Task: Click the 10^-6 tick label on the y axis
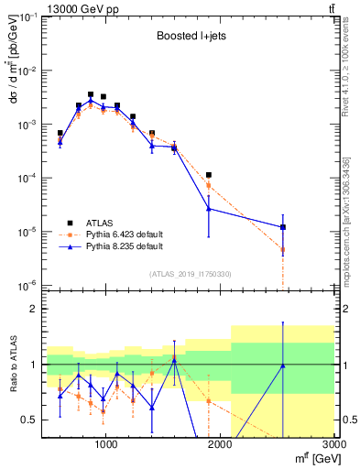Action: pyautogui.click(x=27, y=286)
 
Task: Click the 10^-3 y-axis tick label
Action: pyautogui.click(x=27, y=125)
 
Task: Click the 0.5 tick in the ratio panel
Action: pyautogui.click(x=30, y=420)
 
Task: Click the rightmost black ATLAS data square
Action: pyautogui.click(x=283, y=227)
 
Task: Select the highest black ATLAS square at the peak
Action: pyautogui.click(x=90, y=94)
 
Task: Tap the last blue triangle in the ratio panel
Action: pyautogui.click(x=283, y=365)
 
